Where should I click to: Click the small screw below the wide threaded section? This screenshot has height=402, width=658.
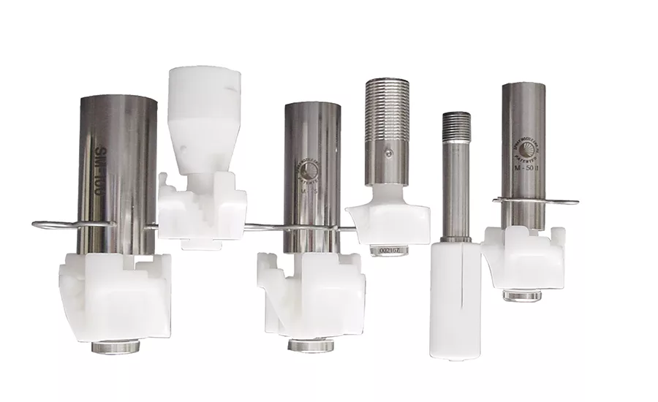tap(389, 152)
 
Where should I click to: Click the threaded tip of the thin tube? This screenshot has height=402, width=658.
tap(456, 126)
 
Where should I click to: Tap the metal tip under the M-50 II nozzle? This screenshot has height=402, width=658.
tap(521, 295)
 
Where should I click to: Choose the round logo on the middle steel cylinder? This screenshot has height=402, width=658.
tap(310, 170)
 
